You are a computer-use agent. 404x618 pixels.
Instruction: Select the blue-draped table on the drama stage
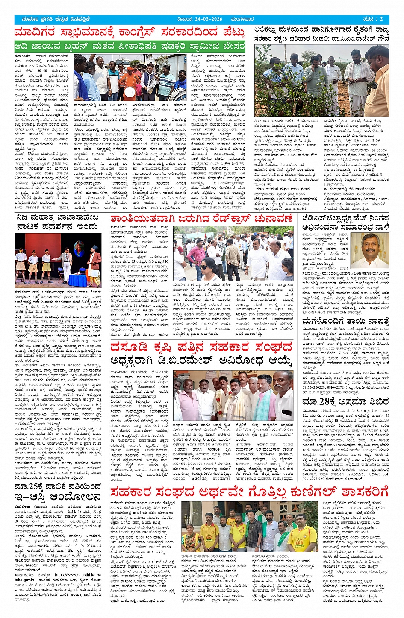click(77, 280)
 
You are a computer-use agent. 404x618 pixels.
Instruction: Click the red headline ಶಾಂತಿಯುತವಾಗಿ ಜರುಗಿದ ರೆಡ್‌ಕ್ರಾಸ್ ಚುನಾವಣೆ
click(201, 219)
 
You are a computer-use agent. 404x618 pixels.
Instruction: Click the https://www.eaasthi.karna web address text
click(78, 575)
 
